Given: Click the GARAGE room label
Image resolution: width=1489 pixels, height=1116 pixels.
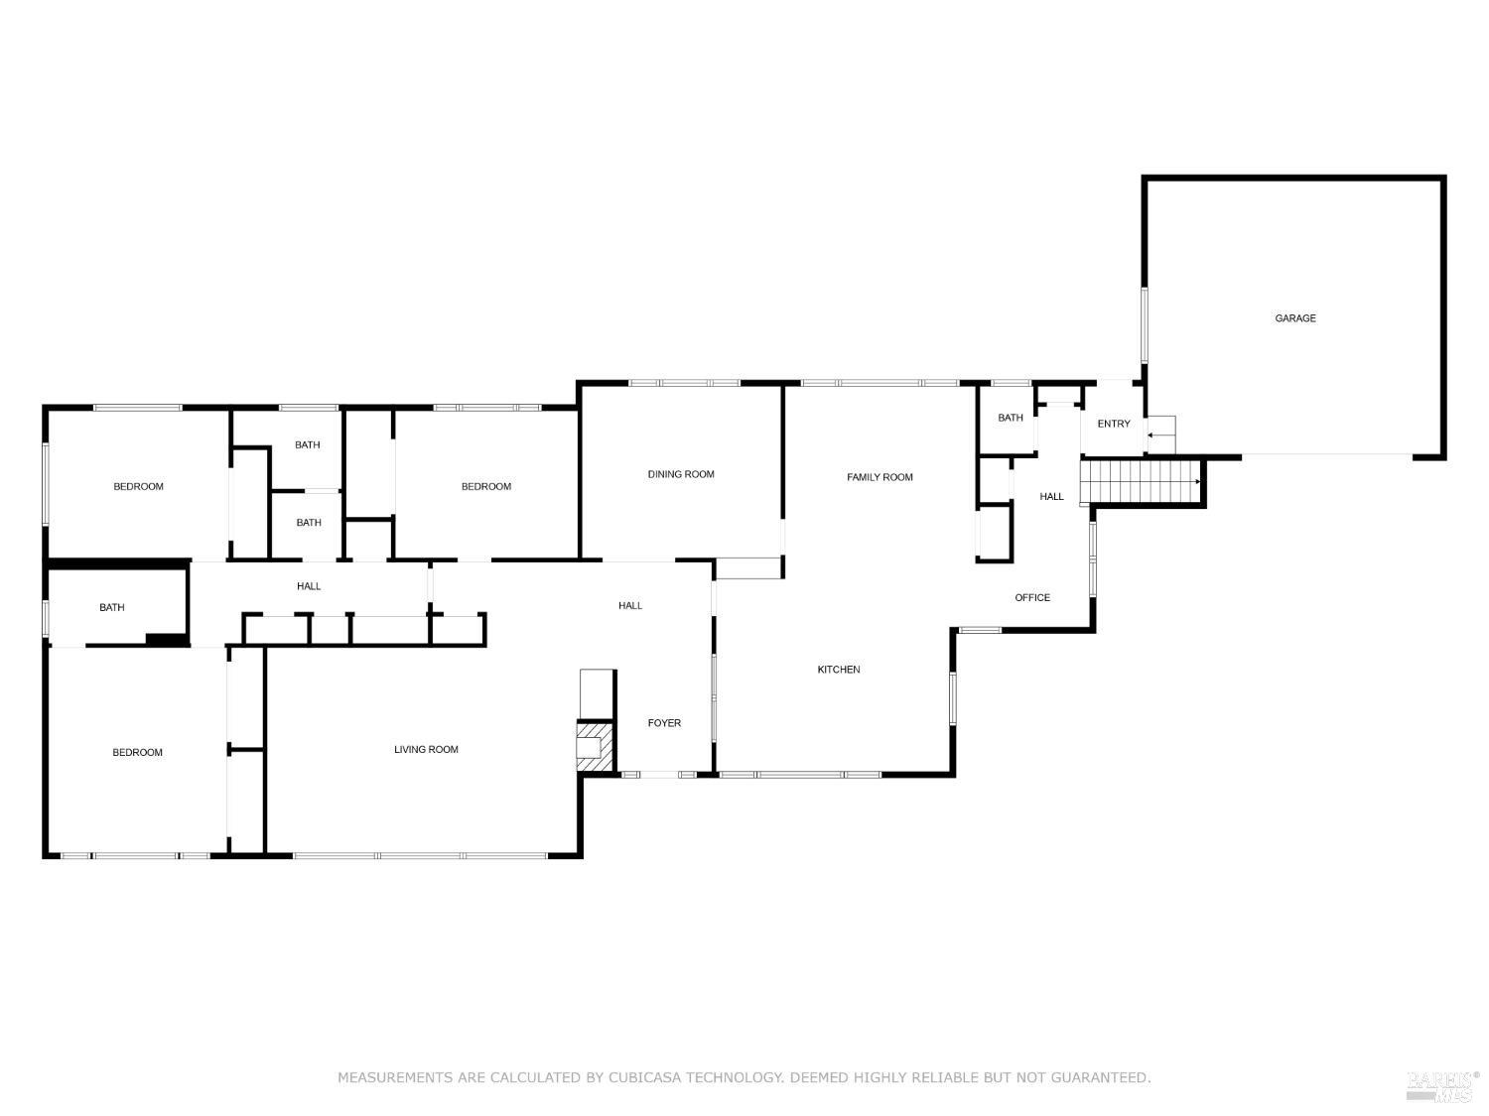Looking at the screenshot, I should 1294,318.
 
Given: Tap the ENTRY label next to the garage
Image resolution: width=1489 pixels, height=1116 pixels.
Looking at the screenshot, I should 1113,424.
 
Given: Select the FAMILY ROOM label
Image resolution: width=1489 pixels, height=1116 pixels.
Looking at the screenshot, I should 880,477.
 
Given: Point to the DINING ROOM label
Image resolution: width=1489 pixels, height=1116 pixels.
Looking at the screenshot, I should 681,474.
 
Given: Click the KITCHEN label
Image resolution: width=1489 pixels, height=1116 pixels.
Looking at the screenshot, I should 838,670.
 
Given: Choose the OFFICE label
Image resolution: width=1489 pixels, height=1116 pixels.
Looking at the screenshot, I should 1031,597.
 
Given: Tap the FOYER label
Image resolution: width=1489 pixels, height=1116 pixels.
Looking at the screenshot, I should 664,723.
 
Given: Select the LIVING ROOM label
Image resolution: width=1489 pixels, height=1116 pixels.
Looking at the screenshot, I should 426,749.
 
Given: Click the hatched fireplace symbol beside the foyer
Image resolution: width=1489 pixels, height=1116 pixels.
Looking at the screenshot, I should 594,744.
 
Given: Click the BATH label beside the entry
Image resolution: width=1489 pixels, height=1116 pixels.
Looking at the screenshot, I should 1010,418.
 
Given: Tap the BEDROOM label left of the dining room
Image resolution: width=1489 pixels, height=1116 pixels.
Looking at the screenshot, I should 485,486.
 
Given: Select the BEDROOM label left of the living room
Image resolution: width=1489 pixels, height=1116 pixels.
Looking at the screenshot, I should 137,752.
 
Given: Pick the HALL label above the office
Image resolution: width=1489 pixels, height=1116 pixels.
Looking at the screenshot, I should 1051,496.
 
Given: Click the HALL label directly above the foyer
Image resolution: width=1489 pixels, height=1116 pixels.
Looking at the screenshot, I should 629,605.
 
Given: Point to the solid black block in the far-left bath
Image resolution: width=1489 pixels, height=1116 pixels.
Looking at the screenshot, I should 166,639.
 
